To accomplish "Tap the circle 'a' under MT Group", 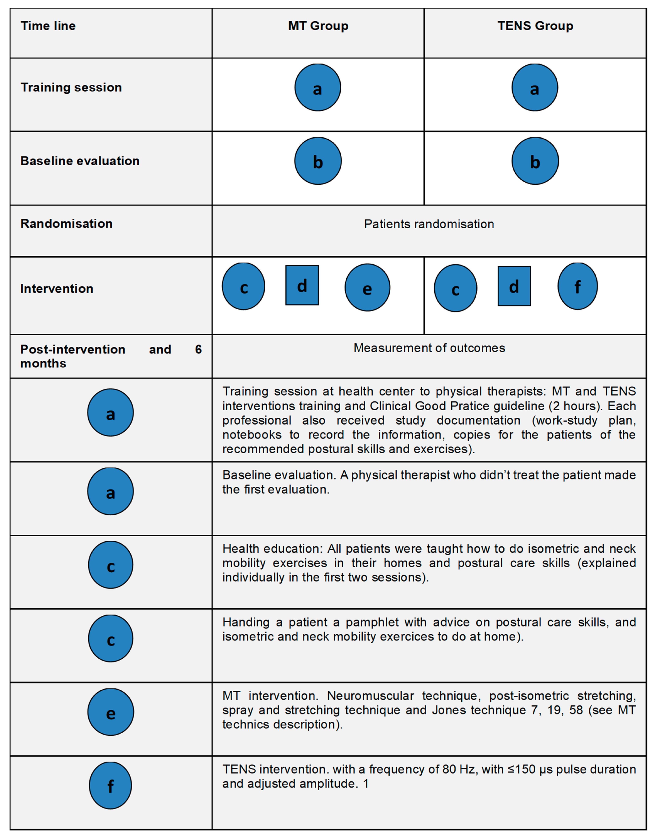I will click(317, 88).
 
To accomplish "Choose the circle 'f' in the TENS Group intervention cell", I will click(577, 286).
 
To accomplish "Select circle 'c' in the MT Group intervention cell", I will click(243, 286).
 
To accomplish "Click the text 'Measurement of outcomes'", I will click(429, 348).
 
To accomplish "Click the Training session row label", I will click(71, 88).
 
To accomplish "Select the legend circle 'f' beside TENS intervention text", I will click(110, 786).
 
